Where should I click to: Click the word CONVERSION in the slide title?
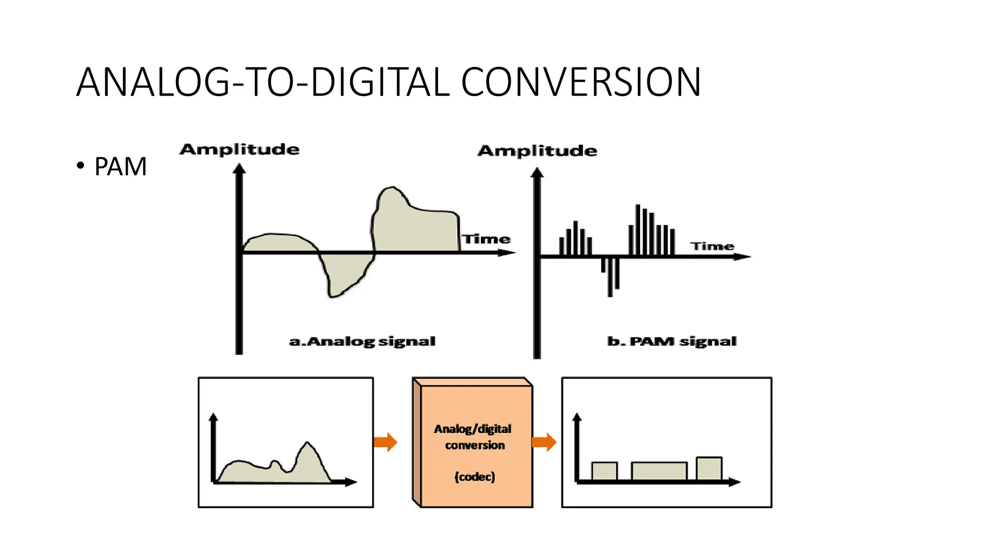pyautogui.click(x=581, y=82)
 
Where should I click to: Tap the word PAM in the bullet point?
pyautogui.click(x=120, y=167)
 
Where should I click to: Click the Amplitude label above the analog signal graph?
pyautogui.click(x=239, y=149)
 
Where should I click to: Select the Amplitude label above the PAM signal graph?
pyautogui.click(x=537, y=151)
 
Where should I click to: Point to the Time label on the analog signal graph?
pyautogui.click(x=486, y=239)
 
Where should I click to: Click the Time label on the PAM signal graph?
pyautogui.click(x=712, y=246)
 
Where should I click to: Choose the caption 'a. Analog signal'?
pyautogui.click(x=362, y=341)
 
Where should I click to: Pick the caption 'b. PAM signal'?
pyautogui.click(x=672, y=341)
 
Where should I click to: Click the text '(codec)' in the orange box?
pyautogui.click(x=475, y=477)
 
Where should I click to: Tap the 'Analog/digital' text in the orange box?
pyautogui.click(x=472, y=429)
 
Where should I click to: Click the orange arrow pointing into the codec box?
pyautogui.click(x=385, y=442)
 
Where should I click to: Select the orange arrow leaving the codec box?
pyautogui.click(x=544, y=442)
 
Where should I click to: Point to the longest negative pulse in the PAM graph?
pyautogui.click(x=610, y=277)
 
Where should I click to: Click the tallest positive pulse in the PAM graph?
pyautogui.click(x=638, y=230)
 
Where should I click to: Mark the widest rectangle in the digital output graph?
pyautogui.click(x=659, y=471)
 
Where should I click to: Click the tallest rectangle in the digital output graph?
pyautogui.click(x=709, y=468)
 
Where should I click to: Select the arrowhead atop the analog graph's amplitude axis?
pyautogui.click(x=239, y=168)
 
